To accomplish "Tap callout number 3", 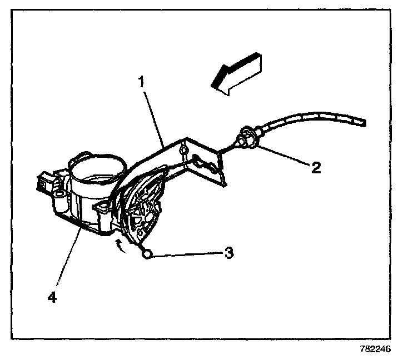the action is [228, 253].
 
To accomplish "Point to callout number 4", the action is [52, 298].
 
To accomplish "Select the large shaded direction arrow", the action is [236, 74].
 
